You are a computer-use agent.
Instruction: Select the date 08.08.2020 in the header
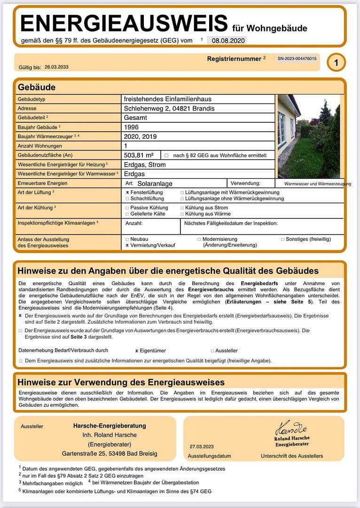226,41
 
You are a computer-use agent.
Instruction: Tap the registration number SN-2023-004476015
297,59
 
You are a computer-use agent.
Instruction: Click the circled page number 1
336,62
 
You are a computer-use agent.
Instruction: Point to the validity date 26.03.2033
56,67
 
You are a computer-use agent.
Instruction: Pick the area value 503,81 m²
139,155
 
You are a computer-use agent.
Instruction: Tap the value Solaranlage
155,183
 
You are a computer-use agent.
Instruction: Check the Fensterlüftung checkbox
127,192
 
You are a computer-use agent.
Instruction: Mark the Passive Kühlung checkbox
127,207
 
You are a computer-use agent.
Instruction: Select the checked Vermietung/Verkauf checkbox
127,245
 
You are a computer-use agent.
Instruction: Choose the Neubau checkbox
127,239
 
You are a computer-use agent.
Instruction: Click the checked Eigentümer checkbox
136,350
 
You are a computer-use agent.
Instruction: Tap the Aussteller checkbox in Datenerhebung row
212,350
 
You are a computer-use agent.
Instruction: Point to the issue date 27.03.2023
202,446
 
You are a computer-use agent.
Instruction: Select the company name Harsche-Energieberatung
110,426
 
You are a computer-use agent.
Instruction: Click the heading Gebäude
37,87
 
